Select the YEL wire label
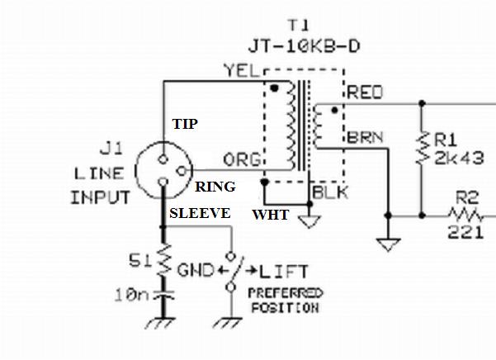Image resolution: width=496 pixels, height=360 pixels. tap(241, 71)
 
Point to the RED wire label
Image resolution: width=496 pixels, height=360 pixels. tap(366, 93)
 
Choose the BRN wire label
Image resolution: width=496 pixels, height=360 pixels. tap(366, 137)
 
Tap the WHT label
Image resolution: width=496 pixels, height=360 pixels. tap(271, 216)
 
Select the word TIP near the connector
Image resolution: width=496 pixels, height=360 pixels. tap(186, 124)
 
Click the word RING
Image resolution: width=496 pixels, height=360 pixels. tap(215, 187)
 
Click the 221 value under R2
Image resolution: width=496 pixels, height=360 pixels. tap(465, 234)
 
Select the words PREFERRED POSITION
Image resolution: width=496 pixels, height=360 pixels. tap(284, 300)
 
